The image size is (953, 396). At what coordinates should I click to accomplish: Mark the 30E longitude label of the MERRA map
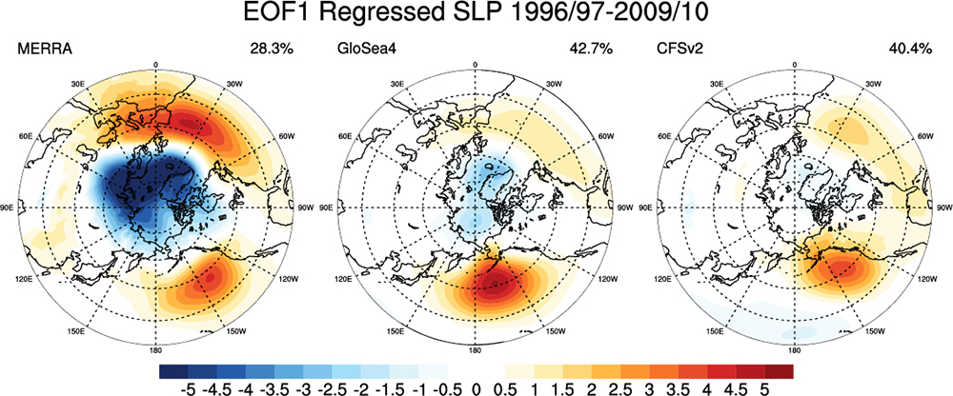tap(79, 83)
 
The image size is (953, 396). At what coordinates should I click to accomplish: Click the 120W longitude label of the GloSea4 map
tap(603, 281)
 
